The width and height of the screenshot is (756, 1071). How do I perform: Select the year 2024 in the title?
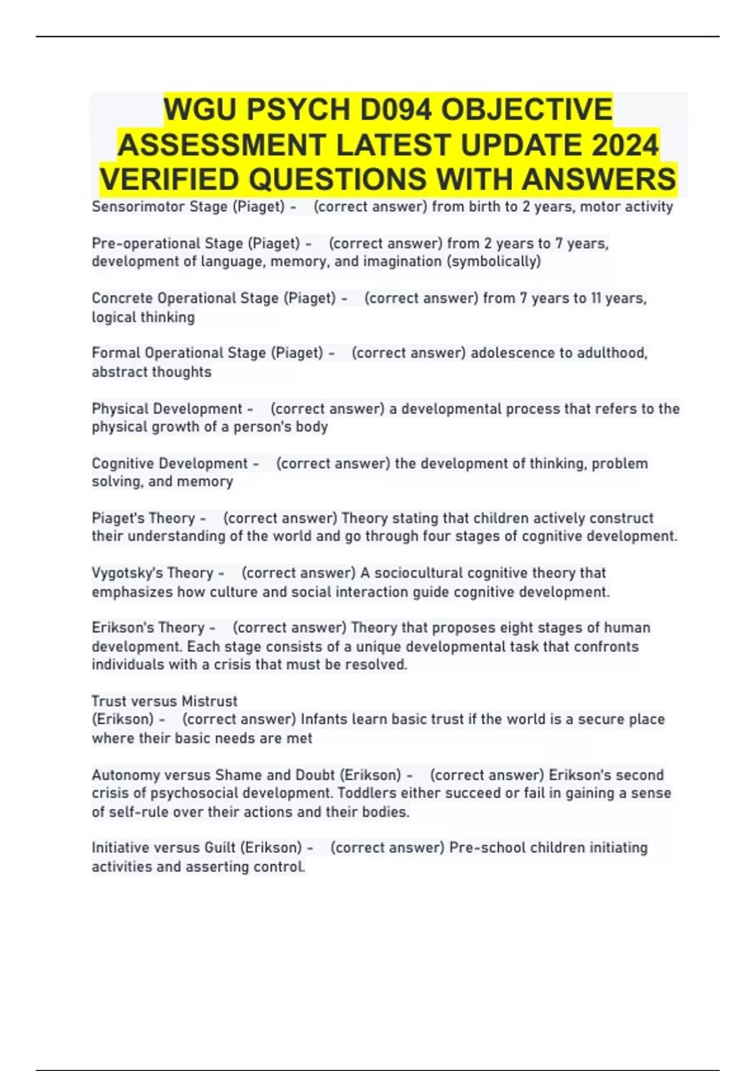[624, 145]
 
